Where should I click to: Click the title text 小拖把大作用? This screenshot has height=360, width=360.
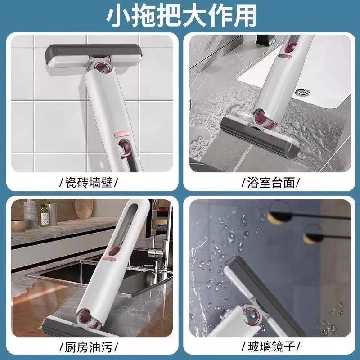point(181,16)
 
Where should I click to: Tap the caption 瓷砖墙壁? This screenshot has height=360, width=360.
point(89,183)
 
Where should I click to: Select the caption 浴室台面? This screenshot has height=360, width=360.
point(271,183)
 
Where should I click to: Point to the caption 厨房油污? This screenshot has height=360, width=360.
point(89,346)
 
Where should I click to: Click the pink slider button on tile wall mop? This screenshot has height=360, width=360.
point(122,134)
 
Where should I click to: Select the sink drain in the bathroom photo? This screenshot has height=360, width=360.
point(302,93)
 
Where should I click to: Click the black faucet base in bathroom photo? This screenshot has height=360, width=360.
point(266,40)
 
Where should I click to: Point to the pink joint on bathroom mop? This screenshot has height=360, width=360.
point(264,119)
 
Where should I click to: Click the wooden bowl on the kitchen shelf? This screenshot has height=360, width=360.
point(20,225)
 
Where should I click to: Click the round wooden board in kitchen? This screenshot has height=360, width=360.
point(84,209)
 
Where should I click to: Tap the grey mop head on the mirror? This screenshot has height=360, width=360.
point(264,296)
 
